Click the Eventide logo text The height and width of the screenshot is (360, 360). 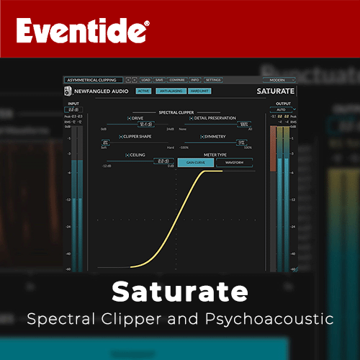click(x=84, y=32)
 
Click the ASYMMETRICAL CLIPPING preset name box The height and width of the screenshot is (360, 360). click(x=92, y=80)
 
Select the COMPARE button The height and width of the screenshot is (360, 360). click(x=178, y=80)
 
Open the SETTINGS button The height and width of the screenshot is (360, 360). click(x=213, y=80)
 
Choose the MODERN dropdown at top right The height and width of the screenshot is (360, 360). click(x=277, y=80)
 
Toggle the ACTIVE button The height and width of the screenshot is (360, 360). click(x=144, y=91)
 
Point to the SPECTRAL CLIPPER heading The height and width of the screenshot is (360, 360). click(x=177, y=111)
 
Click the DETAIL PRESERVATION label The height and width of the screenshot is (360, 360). click(x=215, y=118)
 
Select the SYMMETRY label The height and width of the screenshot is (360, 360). click(x=215, y=135)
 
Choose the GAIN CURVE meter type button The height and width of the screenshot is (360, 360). click(x=196, y=163)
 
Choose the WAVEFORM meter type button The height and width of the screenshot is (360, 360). click(x=234, y=163)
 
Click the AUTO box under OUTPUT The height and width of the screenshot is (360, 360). click(x=282, y=111)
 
